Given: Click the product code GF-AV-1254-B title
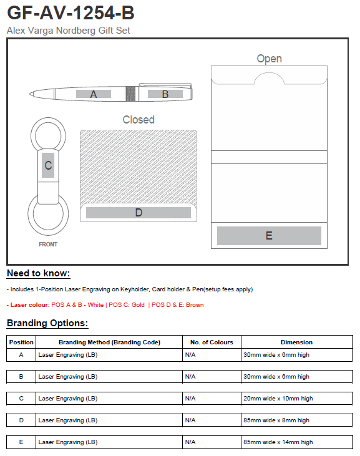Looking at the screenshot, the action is [x=71, y=13].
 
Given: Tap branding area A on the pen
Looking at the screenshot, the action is [x=94, y=94].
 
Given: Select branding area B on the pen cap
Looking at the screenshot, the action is [x=165, y=94].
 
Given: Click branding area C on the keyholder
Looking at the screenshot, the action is [x=48, y=165].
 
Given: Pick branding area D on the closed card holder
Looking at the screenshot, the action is [x=139, y=213].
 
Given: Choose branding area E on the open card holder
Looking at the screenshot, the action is [x=269, y=236].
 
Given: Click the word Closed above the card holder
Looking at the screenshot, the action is [x=139, y=120].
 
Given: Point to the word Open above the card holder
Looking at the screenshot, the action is [x=270, y=59].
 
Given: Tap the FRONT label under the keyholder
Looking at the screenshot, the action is [x=48, y=245].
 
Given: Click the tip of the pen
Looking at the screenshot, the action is [x=30, y=94].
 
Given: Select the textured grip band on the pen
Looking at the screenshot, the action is [x=130, y=94].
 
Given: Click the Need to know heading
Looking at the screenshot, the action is [x=39, y=273].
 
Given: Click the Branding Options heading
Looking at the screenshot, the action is [x=47, y=323].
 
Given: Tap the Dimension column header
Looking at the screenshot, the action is [x=296, y=342].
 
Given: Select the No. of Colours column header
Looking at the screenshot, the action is [x=212, y=342].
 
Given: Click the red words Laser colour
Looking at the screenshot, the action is [x=30, y=305].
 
